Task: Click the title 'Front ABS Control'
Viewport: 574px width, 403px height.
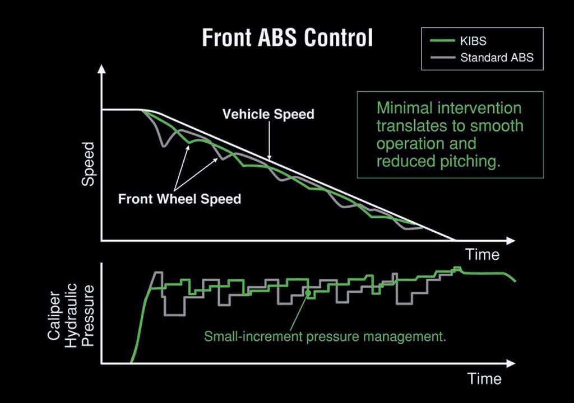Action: click(287, 38)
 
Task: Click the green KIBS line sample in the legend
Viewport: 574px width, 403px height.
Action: click(441, 41)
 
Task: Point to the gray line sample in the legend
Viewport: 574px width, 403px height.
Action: click(441, 57)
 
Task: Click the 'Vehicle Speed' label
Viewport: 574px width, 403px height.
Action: click(268, 114)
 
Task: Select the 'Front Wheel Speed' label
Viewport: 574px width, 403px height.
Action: click(179, 199)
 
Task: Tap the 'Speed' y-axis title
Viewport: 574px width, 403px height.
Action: click(89, 164)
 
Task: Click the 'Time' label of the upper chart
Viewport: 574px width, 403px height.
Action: click(482, 255)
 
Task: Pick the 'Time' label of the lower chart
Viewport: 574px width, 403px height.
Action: click(484, 379)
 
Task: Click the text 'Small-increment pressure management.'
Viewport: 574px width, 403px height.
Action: click(325, 337)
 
